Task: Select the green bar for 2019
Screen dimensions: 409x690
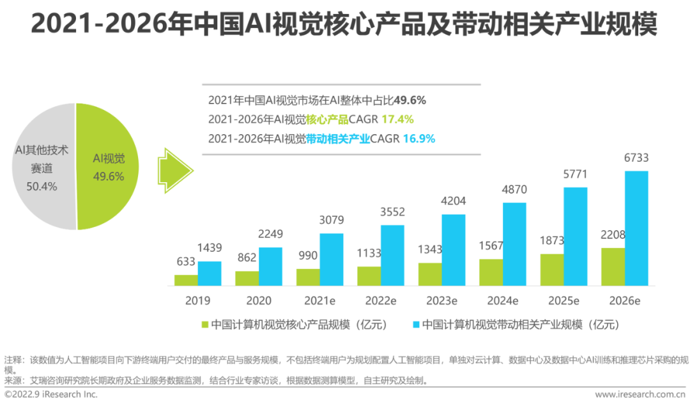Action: pyautogui.click(x=186, y=280)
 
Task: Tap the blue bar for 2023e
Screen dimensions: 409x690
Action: pyautogui.click(x=454, y=249)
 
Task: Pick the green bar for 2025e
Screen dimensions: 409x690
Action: pyautogui.click(x=552, y=269)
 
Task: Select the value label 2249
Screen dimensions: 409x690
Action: pyautogui.click(x=270, y=234)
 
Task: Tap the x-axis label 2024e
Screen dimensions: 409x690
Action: pyautogui.click(x=502, y=300)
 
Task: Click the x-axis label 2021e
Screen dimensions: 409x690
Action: pyautogui.click(x=319, y=300)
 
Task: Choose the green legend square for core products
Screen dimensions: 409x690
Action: pyautogui.click(x=204, y=325)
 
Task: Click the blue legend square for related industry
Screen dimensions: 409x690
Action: pyautogui.click(x=416, y=325)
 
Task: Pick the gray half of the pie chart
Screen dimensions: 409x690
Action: pyautogui.click(x=42, y=166)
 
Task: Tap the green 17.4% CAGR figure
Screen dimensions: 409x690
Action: pyautogui.click(x=397, y=119)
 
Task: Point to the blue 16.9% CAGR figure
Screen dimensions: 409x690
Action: pyautogui.click(x=418, y=138)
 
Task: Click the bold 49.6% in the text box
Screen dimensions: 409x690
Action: pyautogui.click(x=410, y=100)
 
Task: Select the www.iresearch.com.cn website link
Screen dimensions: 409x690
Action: pyautogui.click(x=640, y=395)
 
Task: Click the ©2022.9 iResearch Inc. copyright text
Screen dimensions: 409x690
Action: pyautogui.click(x=51, y=395)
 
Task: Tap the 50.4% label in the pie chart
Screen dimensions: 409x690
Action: pyautogui.click(x=42, y=187)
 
